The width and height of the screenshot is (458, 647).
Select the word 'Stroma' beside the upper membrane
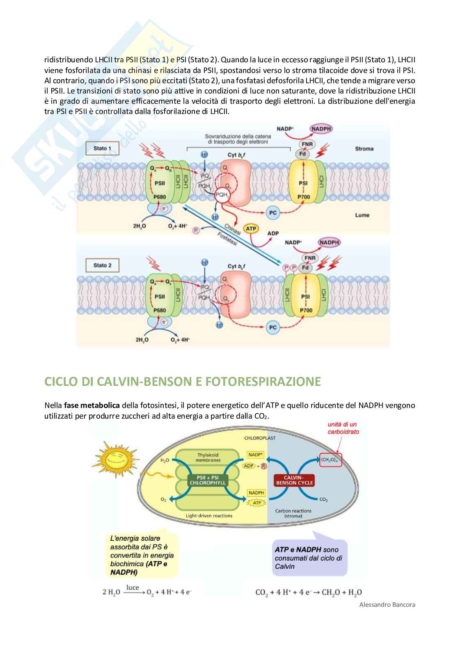coord(364,149)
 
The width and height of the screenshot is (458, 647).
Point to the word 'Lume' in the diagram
coord(363,215)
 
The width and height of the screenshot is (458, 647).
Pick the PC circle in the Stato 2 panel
coord(273,328)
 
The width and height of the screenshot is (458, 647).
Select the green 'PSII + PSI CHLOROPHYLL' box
coord(208,480)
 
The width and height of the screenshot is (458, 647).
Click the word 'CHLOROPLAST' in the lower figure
coord(260,438)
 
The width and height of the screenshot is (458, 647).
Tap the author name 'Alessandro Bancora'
coord(387,604)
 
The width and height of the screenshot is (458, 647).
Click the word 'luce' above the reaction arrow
coord(133,588)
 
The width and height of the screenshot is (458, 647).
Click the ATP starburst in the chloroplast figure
coord(257,503)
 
